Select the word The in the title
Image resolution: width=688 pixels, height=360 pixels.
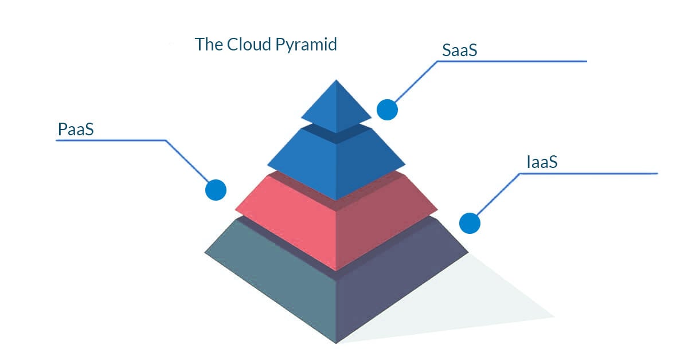208,44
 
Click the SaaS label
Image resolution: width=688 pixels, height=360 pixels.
460,50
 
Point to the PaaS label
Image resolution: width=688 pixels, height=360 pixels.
76,130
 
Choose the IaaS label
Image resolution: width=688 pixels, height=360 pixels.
542,162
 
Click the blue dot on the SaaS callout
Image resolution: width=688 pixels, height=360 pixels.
387,109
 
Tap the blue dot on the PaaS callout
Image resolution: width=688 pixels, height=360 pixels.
216,189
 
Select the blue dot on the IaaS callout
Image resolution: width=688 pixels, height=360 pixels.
469,223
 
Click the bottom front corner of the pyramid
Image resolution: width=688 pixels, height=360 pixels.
336,342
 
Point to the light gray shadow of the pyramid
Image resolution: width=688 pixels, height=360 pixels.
487,304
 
